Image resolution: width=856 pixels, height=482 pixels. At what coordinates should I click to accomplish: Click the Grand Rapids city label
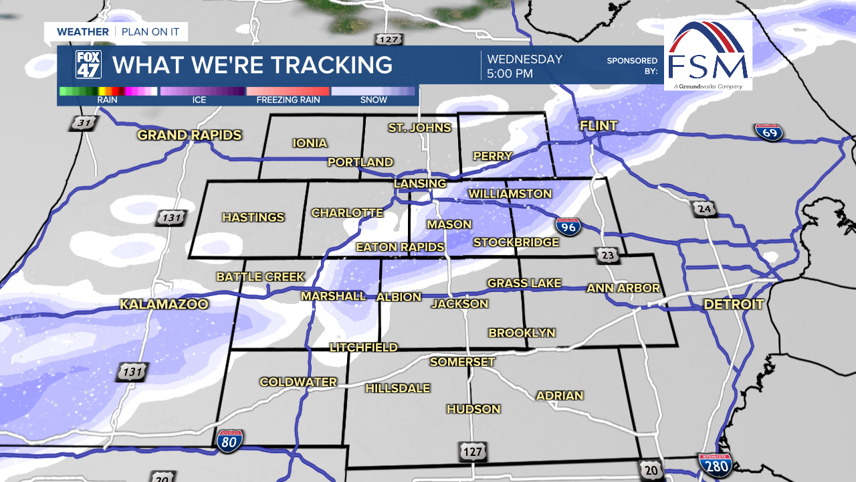point(189,135)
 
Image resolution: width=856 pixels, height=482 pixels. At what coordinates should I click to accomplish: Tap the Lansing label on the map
point(419,183)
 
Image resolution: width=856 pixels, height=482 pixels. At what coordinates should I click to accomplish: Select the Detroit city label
point(733,305)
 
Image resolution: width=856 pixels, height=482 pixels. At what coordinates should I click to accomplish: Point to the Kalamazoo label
point(164,305)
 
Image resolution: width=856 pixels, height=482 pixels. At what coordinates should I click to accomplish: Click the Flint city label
point(599,126)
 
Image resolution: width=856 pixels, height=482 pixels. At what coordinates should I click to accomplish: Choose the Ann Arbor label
point(623,289)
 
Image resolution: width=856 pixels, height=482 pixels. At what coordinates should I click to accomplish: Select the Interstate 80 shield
point(229,440)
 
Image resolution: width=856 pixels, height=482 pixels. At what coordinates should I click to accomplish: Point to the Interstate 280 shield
point(715,464)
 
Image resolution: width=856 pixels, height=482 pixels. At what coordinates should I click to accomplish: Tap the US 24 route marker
point(704,210)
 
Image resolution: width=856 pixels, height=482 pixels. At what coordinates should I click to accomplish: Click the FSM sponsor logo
point(708,56)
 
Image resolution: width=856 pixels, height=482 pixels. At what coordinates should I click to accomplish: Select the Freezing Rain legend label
point(288,100)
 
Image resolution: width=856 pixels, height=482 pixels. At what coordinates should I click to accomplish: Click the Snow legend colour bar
point(373,91)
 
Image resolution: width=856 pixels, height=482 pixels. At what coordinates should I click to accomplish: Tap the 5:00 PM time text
point(510,74)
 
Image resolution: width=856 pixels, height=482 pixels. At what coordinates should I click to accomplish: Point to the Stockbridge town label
point(516,242)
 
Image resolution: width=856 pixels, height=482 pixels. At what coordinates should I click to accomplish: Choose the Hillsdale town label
point(397,388)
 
